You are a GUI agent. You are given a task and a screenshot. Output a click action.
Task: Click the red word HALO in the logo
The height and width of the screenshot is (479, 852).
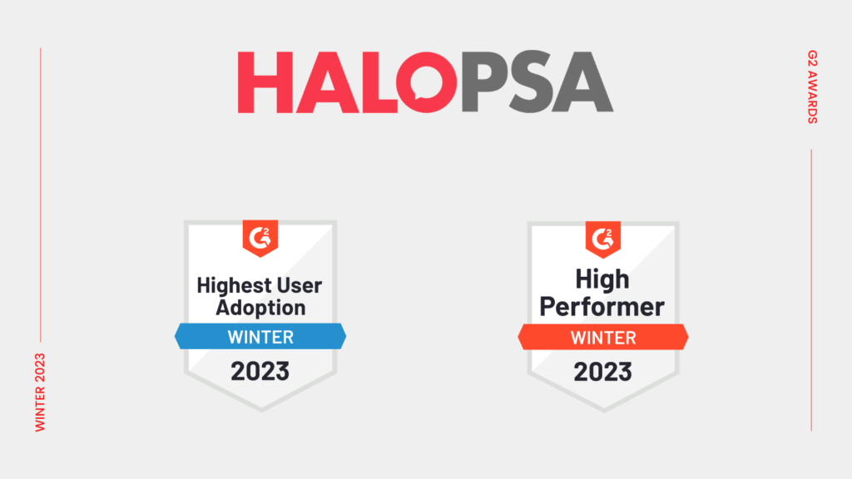tap(347, 82)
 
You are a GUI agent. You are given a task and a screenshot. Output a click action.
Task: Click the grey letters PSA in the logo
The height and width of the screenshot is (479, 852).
tap(537, 82)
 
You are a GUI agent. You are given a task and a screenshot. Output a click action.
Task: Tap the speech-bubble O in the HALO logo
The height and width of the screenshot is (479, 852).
tap(427, 82)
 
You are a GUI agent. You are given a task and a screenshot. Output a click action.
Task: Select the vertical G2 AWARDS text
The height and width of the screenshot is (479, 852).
tap(812, 86)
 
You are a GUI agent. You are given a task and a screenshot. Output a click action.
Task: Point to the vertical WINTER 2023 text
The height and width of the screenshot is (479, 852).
tap(40, 393)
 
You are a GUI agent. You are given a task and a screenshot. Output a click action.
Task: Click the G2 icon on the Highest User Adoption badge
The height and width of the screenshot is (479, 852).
tap(260, 238)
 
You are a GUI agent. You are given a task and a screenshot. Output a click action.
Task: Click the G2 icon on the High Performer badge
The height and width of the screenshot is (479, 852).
tap(603, 239)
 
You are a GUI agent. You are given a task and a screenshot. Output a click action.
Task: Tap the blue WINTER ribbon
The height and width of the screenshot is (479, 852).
tap(260, 336)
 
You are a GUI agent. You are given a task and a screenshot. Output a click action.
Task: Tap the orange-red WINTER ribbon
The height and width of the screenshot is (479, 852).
tap(603, 338)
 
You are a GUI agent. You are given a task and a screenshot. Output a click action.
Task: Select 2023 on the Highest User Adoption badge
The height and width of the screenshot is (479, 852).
tap(260, 372)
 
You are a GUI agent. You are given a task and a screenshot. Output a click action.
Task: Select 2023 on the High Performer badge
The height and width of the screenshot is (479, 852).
tap(603, 373)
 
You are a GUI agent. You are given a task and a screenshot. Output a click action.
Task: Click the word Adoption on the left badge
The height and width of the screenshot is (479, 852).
tap(260, 308)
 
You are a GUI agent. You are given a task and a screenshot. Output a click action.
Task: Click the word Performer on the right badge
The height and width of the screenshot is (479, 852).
tap(602, 307)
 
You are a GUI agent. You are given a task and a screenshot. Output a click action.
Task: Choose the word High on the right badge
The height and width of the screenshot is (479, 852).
tap(602, 279)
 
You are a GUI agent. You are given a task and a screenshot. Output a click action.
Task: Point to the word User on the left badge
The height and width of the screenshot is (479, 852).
tap(300, 286)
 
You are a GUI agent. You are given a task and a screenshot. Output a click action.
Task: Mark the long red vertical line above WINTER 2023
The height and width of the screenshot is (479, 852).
tap(40, 195)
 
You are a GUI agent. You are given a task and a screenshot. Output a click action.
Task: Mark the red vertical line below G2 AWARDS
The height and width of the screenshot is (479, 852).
tap(811, 290)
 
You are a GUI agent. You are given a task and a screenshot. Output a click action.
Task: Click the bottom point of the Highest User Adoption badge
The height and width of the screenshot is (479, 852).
tap(261, 411)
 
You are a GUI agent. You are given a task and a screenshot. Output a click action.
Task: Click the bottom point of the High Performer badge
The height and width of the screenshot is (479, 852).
tap(604, 412)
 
